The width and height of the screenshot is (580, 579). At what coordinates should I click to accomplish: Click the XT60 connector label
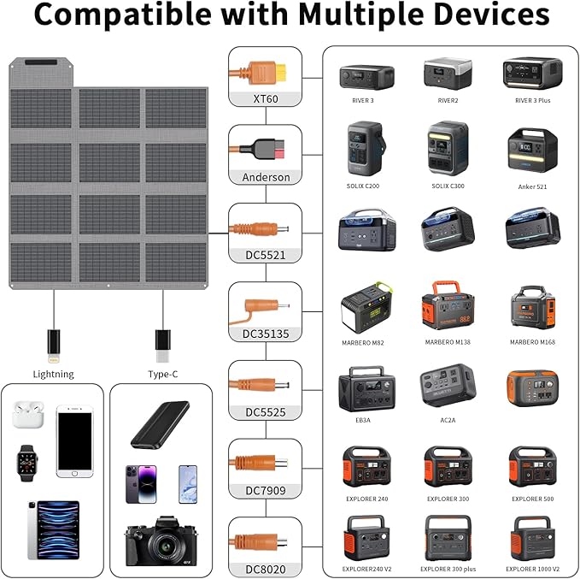point(265,98)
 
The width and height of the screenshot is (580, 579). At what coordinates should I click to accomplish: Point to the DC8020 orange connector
point(263,541)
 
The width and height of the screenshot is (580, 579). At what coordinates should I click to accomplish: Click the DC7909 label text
point(265,491)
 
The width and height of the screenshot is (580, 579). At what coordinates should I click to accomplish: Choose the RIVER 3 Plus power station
point(532,74)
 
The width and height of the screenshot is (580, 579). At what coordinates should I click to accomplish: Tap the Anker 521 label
point(532,186)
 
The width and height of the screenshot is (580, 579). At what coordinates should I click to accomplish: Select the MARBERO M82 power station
point(366,306)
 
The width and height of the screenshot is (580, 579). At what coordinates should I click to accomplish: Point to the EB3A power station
point(366,389)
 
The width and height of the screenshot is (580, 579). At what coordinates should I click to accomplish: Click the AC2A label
point(448,422)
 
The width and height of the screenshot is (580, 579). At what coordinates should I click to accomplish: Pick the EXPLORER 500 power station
point(532,466)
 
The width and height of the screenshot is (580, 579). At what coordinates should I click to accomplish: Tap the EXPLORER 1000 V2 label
point(532,568)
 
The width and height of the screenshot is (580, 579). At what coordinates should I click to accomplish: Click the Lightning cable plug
point(53,341)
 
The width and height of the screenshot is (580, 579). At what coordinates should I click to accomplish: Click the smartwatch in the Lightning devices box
point(26,462)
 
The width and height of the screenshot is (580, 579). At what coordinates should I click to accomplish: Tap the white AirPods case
point(26,416)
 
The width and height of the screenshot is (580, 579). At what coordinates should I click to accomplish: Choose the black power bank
point(160,424)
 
